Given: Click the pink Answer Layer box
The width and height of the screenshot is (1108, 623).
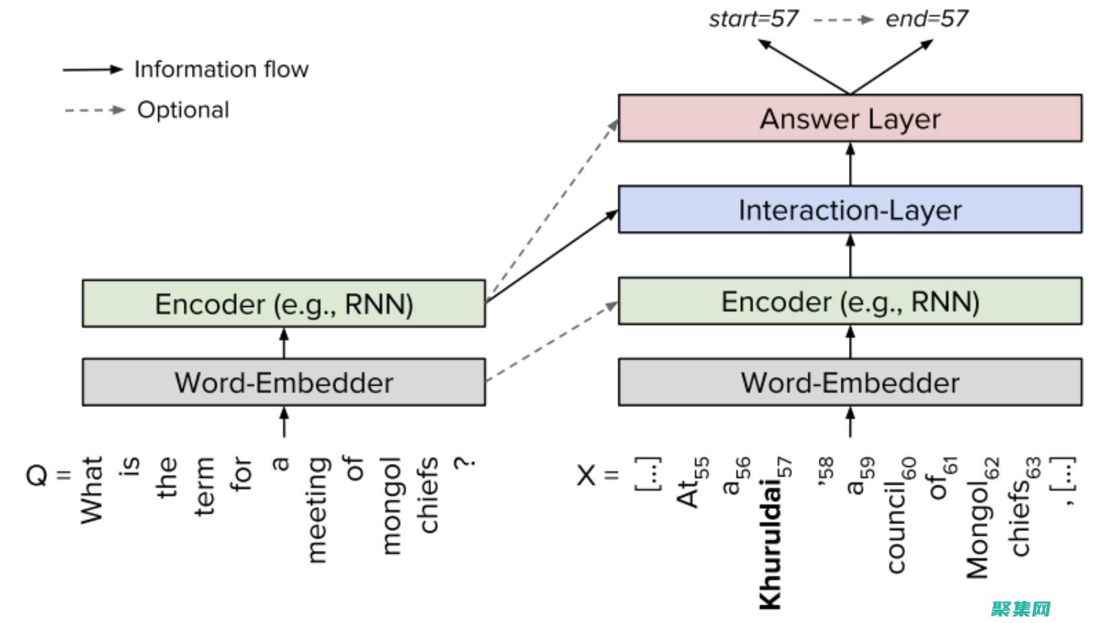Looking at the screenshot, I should pyautogui.click(x=850, y=118).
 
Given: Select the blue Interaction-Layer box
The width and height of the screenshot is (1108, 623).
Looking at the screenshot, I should pyautogui.click(x=850, y=210).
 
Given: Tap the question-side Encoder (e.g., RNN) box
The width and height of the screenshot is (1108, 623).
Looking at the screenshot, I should pyautogui.click(x=283, y=304).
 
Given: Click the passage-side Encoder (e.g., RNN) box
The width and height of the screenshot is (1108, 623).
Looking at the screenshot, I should pyautogui.click(x=850, y=301).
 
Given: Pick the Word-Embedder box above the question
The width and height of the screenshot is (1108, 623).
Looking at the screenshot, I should pyautogui.click(x=283, y=382).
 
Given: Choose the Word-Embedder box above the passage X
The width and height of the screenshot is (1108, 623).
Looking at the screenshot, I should pyautogui.click(x=850, y=382).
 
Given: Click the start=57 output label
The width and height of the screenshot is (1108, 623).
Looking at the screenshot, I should pyautogui.click(x=753, y=19).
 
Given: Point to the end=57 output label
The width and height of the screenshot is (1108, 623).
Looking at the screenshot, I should pyautogui.click(x=926, y=19).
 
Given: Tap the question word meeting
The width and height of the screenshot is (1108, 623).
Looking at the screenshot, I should pyautogui.click(x=317, y=509).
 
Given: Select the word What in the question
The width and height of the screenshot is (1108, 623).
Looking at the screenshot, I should pyautogui.click(x=92, y=490).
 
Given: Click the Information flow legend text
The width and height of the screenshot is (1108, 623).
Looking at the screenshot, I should pyautogui.click(x=221, y=69).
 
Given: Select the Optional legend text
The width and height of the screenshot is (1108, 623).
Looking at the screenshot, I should pyautogui.click(x=183, y=110).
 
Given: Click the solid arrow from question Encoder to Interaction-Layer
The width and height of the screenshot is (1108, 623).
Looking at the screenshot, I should pyautogui.click(x=551, y=257).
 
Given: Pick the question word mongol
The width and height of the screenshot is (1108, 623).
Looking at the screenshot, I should pyautogui.click(x=391, y=506).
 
